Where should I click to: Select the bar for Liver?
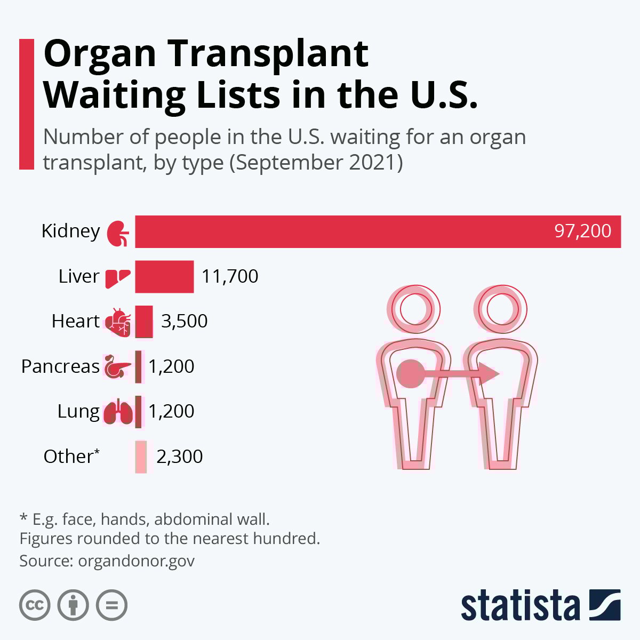pos(164,276)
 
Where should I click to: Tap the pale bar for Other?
pos(141,457)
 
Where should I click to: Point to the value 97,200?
pos(582,231)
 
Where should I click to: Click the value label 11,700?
pos(230,276)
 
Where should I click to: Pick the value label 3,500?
pos(184,321)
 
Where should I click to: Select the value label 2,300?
pos(179,457)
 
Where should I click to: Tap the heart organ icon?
pos(118,322)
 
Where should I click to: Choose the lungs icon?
pos(118,412)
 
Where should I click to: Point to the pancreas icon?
pos(117,366)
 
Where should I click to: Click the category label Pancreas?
pos(60,366)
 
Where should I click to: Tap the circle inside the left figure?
pos(409,373)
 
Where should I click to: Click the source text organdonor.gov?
pos(136,561)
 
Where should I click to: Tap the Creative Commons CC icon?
pos(35,605)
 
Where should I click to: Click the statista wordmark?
pos(520,605)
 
